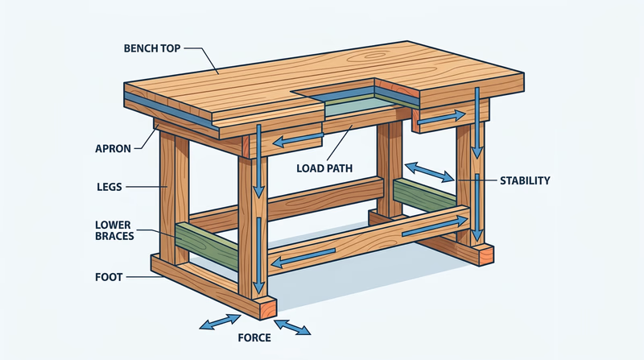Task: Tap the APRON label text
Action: click(x=114, y=149)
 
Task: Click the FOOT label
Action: click(x=109, y=277)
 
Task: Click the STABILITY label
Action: click(x=524, y=181)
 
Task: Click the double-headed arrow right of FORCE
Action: click(x=293, y=327)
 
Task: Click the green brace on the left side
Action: click(x=204, y=238)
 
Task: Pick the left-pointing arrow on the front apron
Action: click(x=295, y=142)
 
